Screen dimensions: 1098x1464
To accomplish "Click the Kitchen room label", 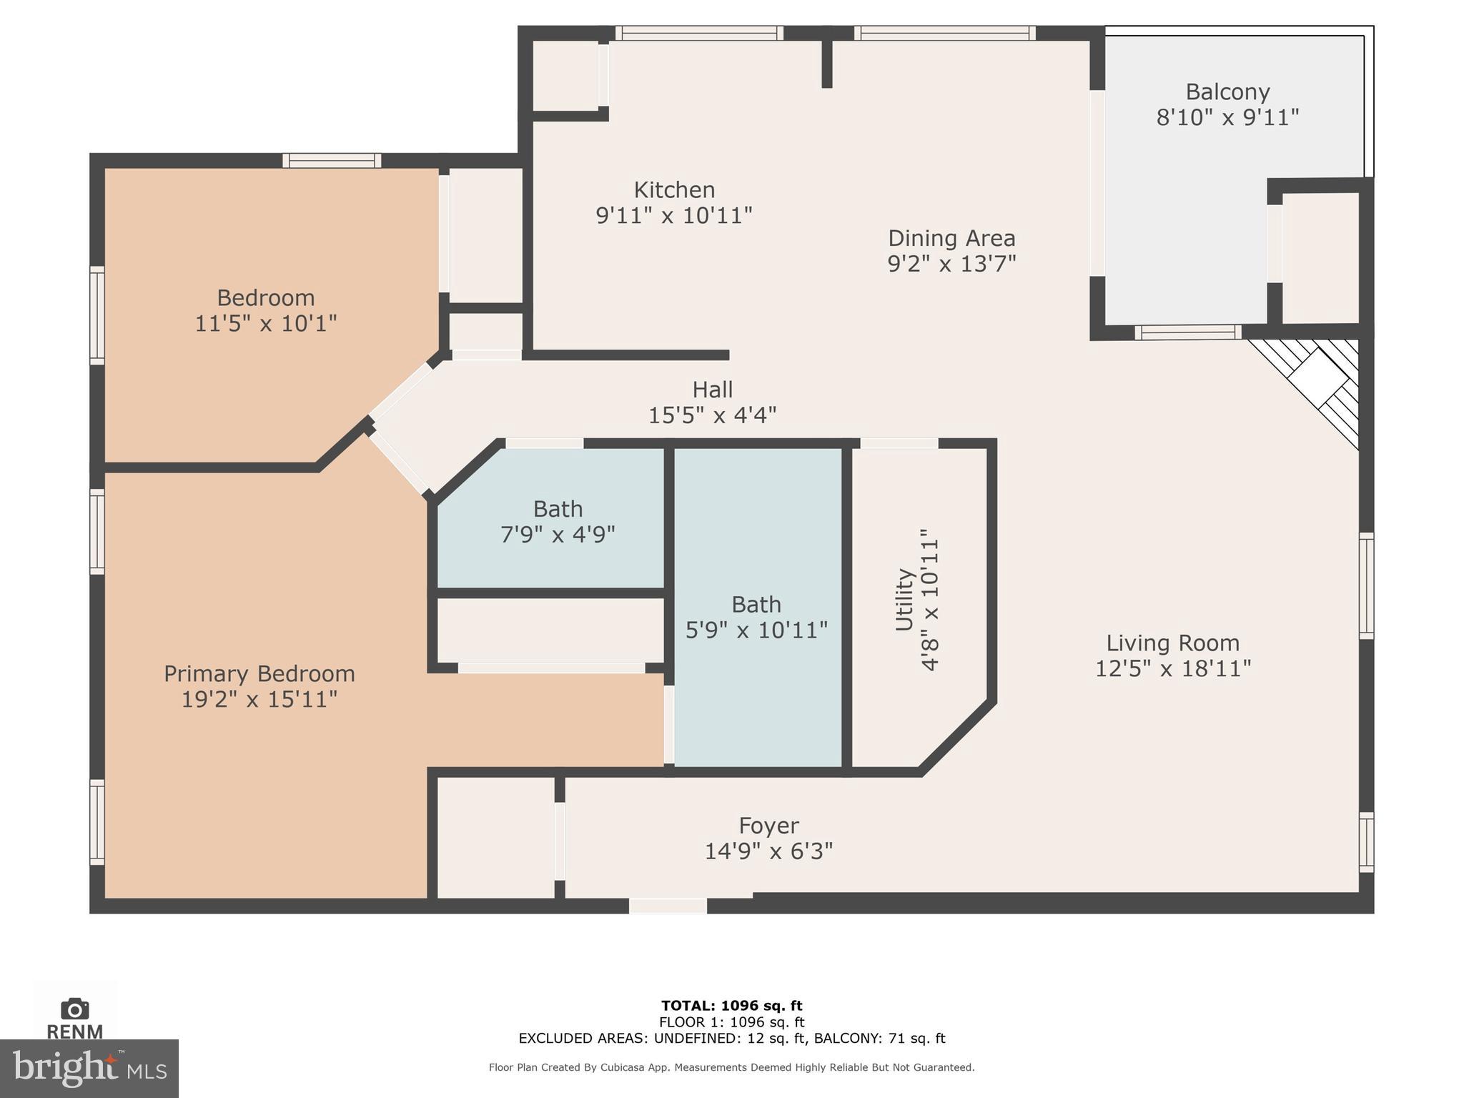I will (674, 190).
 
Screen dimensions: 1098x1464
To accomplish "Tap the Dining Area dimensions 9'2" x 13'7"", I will (951, 264).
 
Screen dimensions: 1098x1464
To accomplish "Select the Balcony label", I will (1227, 92).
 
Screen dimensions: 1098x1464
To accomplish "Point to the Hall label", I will (712, 390).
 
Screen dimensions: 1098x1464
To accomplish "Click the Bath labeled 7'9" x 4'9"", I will (558, 521).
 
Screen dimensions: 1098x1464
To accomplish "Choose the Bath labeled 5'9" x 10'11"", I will (756, 617).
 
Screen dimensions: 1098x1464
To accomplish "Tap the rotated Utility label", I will (905, 599).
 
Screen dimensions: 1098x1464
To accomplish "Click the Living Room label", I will (1172, 643).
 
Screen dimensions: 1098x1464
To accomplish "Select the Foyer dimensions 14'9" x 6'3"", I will (768, 851).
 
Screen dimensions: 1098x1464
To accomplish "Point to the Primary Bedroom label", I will (259, 674).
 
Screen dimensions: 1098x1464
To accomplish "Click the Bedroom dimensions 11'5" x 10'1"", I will (265, 324).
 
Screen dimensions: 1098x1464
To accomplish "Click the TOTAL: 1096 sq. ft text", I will (731, 1006).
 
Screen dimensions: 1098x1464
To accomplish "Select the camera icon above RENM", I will (74, 1009).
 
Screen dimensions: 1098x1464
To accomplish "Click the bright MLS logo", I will (89, 1069).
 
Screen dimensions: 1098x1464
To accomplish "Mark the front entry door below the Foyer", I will (668, 906).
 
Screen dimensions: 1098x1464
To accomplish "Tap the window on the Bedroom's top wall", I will (332, 161).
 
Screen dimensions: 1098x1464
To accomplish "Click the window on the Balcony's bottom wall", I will (1187, 332).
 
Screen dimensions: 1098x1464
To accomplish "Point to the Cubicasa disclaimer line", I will (731, 1067).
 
